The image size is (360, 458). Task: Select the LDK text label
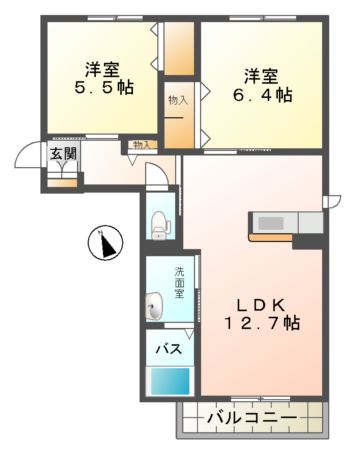pos(261,304)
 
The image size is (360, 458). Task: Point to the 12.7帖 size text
pos(263,324)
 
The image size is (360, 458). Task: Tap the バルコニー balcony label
pos(250,417)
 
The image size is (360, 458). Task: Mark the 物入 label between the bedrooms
pos(177,100)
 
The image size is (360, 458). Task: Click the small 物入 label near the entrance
pos(140,146)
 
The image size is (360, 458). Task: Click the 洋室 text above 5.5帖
pos(101,69)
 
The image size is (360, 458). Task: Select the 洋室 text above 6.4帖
pos(263,75)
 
